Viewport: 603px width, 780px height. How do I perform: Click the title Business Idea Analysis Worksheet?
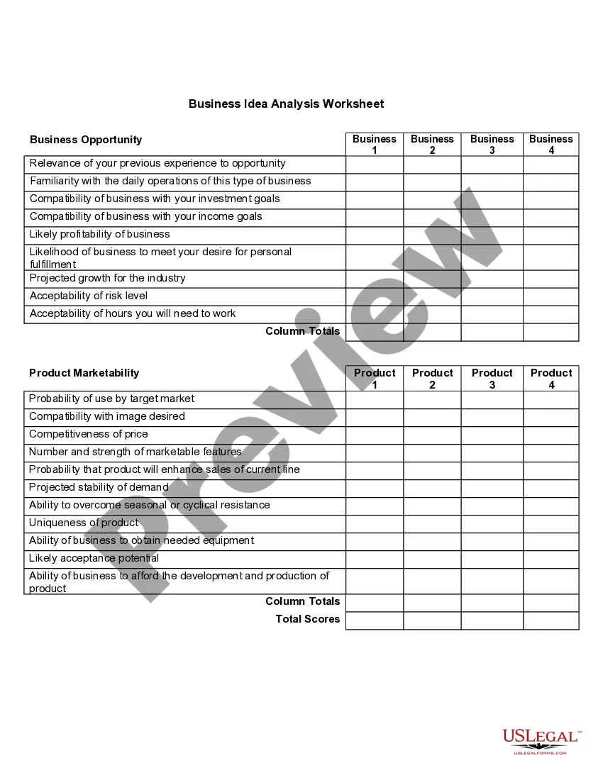pyautogui.click(x=286, y=104)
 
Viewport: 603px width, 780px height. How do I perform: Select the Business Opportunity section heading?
pyautogui.click(x=86, y=140)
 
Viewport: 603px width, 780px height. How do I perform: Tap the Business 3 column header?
pyautogui.click(x=492, y=145)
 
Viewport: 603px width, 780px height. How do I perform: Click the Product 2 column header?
pyautogui.click(x=432, y=379)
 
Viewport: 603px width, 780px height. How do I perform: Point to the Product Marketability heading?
pyautogui.click(x=84, y=373)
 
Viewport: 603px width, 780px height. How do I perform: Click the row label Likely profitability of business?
pyautogui.click(x=99, y=234)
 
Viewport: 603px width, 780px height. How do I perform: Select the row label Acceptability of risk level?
pyautogui.click(x=89, y=296)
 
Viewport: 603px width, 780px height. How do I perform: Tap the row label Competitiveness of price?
pyautogui.click(x=89, y=434)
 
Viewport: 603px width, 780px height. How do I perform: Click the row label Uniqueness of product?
pyautogui.click(x=84, y=523)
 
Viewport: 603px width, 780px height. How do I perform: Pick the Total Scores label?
pyautogui.click(x=308, y=619)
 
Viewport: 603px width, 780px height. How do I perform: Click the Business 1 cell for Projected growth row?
pyautogui.click(x=375, y=279)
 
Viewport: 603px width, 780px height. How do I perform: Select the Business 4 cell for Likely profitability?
pyautogui.click(x=551, y=235)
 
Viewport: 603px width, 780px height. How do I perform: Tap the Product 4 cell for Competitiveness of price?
pyautogui.click(x=551, y=435)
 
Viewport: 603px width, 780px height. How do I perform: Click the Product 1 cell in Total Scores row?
pyautogui.click(x=375, y=620)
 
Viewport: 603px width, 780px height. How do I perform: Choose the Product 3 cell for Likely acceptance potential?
pyautogui.click(x=492, y=559)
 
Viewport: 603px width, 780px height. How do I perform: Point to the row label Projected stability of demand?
pyautogui.click(x=99, y=487)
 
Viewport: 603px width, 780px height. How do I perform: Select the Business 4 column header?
pyautogui.click(x=551, y=145)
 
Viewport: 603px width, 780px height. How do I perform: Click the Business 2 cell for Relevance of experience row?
pyautogui.click(x=432, y=165)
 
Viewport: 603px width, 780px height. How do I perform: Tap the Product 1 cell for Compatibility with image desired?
pyautogui.click(x=375, y=418)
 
